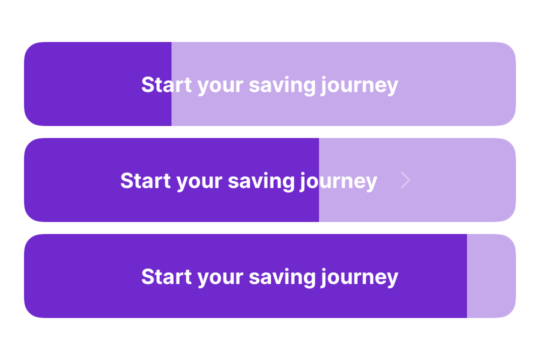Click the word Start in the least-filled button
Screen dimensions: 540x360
(166, 84)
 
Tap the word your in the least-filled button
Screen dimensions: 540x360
(220, 86)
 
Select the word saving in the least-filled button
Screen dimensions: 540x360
(282, 86)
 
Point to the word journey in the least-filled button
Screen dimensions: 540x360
(359, 86)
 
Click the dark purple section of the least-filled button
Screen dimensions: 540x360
(98, 84)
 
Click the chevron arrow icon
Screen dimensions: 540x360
(405, 180)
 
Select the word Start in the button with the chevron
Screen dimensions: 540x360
(145, 180)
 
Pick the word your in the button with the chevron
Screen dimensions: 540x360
(199, 182)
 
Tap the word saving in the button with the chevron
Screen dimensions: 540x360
(261, 181)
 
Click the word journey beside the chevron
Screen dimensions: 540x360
(338, 181)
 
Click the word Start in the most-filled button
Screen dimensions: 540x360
(166, 276)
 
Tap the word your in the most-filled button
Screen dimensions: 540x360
(220, 278)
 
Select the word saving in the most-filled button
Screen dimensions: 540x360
(282, 277)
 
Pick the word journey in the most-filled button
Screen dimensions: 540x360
(359, 277)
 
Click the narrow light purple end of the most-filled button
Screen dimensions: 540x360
(491, 276)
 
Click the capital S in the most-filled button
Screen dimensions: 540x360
(147, 276)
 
